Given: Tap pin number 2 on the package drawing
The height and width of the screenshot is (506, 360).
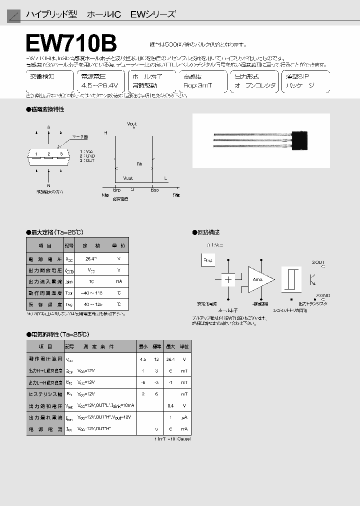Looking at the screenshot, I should (48, 154).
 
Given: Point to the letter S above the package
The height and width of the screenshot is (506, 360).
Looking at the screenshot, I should (48, 127).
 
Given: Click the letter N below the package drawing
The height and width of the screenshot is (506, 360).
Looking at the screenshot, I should (48, 184).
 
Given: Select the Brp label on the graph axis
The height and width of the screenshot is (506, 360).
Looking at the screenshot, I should (116, 189).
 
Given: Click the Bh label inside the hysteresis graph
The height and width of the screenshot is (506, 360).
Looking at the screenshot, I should (139, 164).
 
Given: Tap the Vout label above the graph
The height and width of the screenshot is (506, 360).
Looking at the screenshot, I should (132, 123).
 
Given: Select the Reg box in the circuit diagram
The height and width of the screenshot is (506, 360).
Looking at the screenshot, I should (208, 260).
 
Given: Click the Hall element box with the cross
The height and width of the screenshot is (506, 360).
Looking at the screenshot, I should (228, 279).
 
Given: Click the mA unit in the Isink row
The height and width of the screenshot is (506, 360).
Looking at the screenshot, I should (118, 281).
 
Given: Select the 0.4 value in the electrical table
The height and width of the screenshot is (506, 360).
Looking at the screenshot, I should (171, 405).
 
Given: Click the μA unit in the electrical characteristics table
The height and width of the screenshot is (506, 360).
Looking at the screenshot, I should (184, 417).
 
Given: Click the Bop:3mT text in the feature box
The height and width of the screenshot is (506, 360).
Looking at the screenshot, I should (198, 85).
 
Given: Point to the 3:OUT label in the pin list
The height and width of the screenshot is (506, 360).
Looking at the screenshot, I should (86, 160).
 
